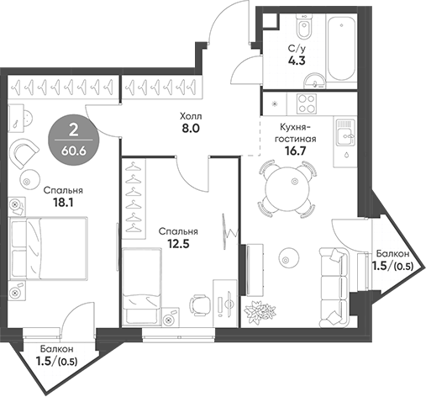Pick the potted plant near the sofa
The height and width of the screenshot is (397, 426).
pos(255,311)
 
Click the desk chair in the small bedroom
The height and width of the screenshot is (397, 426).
pos(198,304)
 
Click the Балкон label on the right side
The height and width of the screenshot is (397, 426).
pos(392,254)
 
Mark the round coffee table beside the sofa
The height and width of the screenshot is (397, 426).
pos(289,257)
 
